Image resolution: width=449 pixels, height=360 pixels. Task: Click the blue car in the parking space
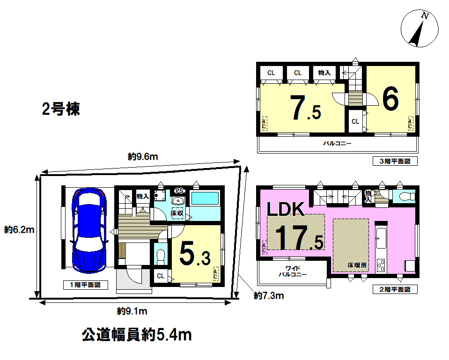tap(89, 230)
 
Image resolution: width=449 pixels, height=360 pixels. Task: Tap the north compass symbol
tap(419, 29)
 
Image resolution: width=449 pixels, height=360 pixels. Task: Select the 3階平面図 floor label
tap(395, 161)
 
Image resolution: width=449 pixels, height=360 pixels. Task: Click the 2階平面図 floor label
tap(395, 290)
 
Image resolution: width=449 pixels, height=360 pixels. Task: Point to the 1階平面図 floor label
tap(85, 285)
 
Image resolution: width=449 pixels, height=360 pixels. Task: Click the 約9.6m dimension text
tap(143, 157)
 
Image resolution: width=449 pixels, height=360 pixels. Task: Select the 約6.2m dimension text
tap(19, 230)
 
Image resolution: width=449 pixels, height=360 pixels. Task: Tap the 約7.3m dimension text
tap(269, 295)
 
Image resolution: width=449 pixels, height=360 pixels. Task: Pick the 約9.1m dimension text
tap(132, 311)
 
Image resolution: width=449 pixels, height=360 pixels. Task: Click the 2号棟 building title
tap(61, 109)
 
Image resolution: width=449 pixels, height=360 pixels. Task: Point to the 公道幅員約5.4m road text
tap(137, 335)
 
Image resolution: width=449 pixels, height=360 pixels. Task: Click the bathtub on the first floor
tap(205, 198)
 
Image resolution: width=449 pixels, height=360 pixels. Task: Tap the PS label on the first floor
tap(179, 191)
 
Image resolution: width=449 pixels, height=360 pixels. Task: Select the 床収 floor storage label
tap(177, 213)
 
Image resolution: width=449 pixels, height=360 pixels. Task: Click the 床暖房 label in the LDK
tap(357, 265)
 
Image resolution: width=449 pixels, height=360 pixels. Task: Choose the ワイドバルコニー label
tap(293, 271)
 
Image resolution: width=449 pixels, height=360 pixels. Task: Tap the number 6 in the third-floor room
tap(390, 99)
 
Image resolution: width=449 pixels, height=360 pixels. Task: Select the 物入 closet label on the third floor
tap(324, 73)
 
